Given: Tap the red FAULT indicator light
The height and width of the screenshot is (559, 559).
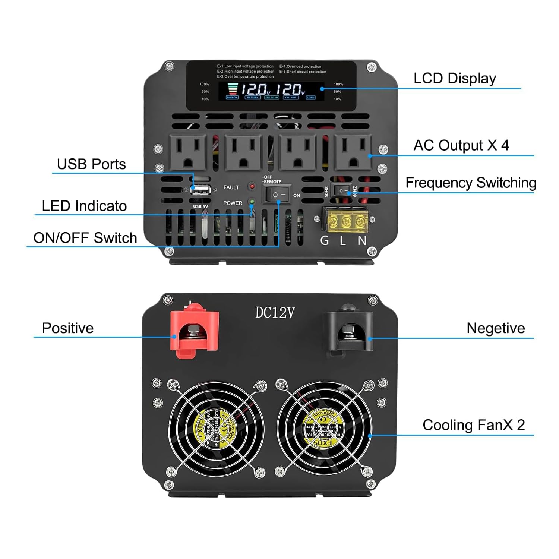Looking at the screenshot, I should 252,186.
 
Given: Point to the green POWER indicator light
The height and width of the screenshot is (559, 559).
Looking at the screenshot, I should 252,202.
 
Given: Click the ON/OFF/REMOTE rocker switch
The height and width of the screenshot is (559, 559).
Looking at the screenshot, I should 278,195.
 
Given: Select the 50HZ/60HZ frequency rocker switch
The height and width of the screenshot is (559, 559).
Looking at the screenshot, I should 341,191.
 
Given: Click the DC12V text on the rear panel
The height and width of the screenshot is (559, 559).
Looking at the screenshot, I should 275,313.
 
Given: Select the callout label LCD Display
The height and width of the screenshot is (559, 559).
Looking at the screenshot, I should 455,79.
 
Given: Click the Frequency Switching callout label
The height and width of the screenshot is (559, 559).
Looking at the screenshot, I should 471,183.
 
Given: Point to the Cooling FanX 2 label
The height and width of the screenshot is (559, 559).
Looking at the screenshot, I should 473,425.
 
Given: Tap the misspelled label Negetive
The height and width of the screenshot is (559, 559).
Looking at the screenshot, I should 495,328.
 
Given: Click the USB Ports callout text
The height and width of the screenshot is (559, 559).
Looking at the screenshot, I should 91,164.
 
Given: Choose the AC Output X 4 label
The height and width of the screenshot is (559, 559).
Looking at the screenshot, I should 461,145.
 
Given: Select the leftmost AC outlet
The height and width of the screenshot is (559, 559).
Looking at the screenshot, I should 188,152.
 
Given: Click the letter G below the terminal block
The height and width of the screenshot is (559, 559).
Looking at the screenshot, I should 325,241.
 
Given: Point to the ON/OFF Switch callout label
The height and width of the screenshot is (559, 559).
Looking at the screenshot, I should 85,238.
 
